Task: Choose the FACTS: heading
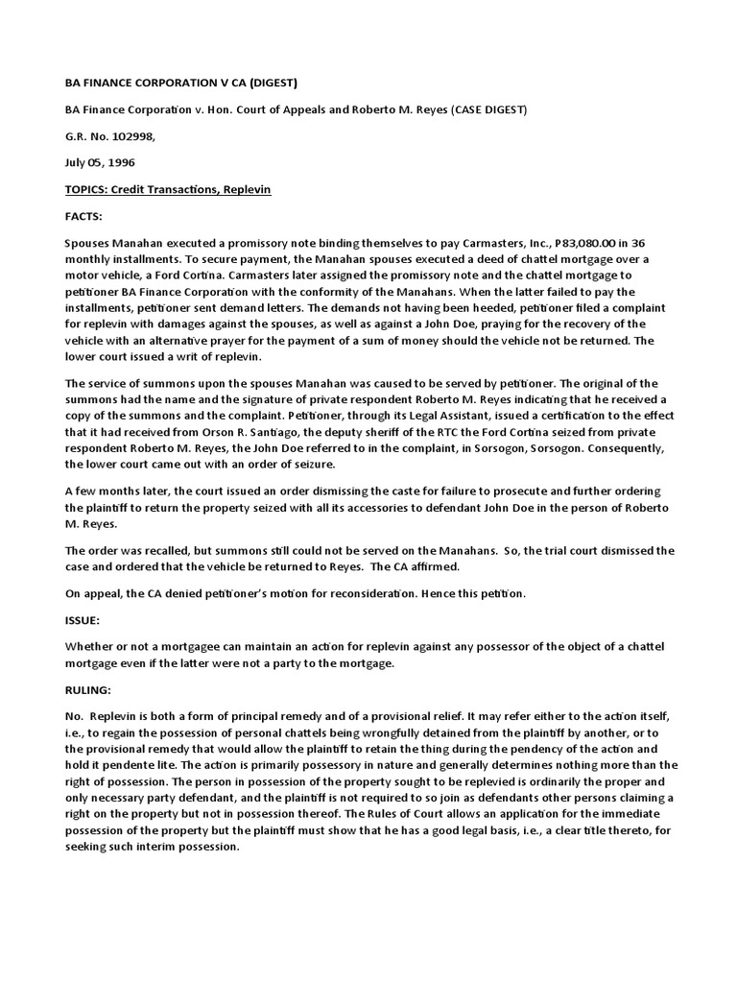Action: coord(84,217)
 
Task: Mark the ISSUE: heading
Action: coord(83,621)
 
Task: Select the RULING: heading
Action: coord(88,689)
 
